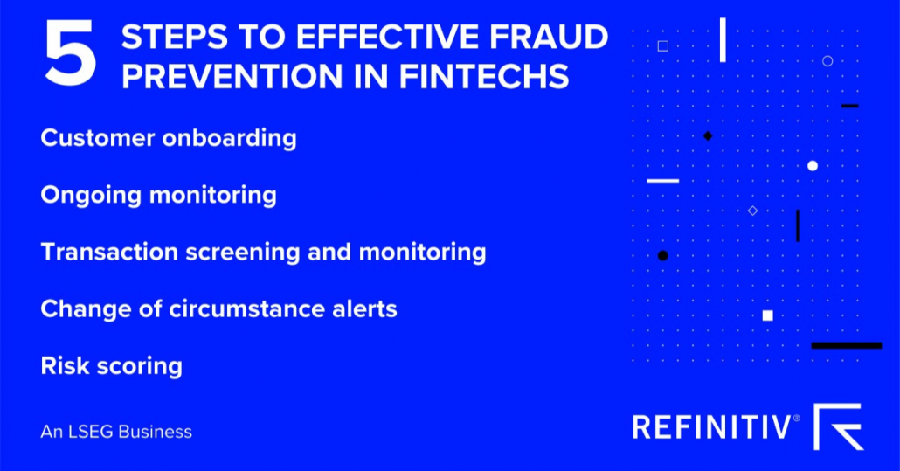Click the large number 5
coord(70,54)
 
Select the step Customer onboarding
coord(169,138)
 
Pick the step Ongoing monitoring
coord(158,195)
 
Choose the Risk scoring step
coord(111,365)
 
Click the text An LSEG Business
coord(116,432)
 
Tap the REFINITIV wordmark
coord(714,427)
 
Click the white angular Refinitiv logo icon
coord(838,426)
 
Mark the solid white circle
coord(813,166)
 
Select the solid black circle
coord(662,255)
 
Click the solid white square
coord(767,315)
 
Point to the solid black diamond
coord(708,135)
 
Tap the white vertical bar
coord(723,40)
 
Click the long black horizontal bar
coord(846,345)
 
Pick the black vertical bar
coord(797,225)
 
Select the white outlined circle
coord(827,60)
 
